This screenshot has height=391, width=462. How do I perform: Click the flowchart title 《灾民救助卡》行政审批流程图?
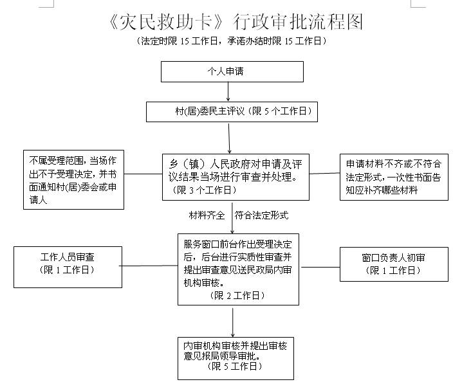pos(236,23)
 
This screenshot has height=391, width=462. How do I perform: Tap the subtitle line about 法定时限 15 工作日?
pos(233,41)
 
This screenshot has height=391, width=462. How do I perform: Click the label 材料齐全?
pos(207,214)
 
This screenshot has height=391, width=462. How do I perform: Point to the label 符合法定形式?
pos(261,214)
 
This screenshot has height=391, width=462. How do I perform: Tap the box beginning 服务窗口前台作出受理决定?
pos(237,269)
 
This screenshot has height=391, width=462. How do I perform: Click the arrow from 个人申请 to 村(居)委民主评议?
pos(228,91)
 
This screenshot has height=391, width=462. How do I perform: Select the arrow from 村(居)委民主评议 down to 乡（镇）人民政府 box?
pos(230,136)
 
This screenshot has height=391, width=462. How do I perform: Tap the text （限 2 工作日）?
pos(237,295)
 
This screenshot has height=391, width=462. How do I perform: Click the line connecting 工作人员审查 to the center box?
pos(145,264)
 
